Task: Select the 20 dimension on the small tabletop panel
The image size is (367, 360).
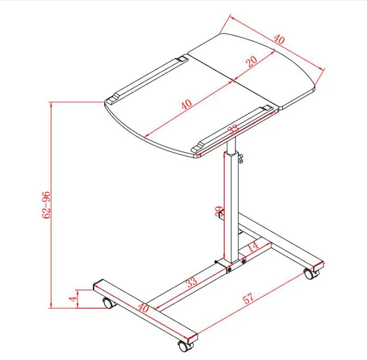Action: tap(252, 61)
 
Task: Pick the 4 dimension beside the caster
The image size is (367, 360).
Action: tap(72, 298)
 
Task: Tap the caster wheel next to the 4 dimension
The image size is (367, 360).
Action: tap(108, 303)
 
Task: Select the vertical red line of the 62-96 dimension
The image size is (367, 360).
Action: tap(51, 205)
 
